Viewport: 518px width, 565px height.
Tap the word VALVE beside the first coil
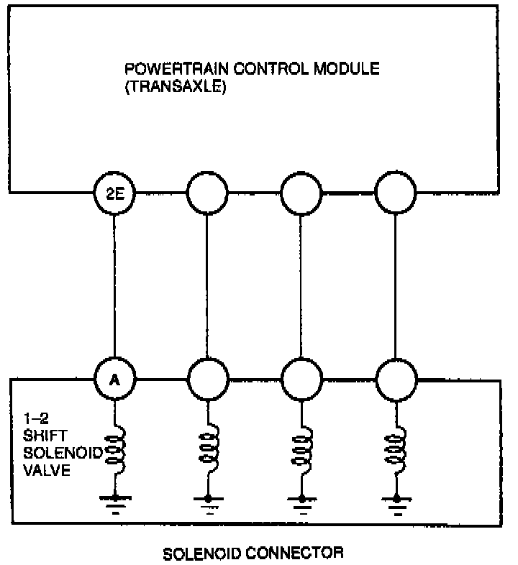(x=40, y=471)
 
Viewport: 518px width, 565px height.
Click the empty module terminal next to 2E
(x=207, y=192)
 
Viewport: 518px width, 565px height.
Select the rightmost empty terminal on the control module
(x=396, y=192)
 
